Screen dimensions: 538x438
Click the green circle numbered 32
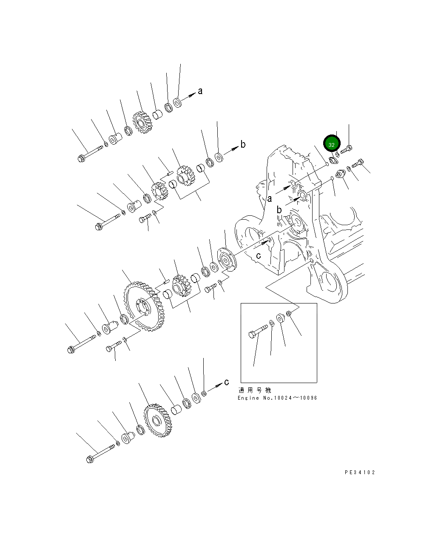point(332,144)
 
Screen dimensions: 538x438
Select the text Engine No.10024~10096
point(277,398)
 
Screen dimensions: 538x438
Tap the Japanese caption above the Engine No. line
point(254,390)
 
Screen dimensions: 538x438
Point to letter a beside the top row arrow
point(200,91)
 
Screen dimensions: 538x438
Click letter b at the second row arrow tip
point(243,145)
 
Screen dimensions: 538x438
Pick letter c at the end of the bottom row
point(227,382)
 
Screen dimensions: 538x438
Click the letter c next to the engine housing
point(258,256)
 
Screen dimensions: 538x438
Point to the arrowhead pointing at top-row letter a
point(191,94)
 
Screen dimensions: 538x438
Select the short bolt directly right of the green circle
point(346,149)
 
